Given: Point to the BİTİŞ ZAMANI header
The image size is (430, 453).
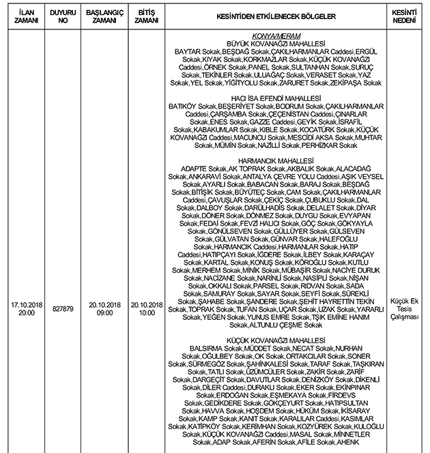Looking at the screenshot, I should coord(147,14).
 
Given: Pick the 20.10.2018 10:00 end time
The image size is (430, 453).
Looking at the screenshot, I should coord(147,308).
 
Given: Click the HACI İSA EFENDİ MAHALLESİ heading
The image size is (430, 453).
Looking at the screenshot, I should coord(277,99).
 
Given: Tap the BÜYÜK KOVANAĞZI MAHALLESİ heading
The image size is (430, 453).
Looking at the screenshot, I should coord(277,43).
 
